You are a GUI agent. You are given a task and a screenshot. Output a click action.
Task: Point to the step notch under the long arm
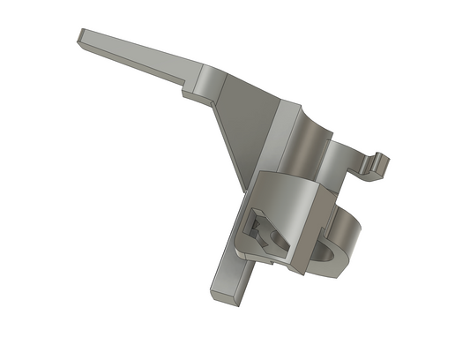(187, 88)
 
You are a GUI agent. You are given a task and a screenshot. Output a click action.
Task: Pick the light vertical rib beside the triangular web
(280, 132)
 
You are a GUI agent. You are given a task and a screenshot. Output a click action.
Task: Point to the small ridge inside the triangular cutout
(258, 231)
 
